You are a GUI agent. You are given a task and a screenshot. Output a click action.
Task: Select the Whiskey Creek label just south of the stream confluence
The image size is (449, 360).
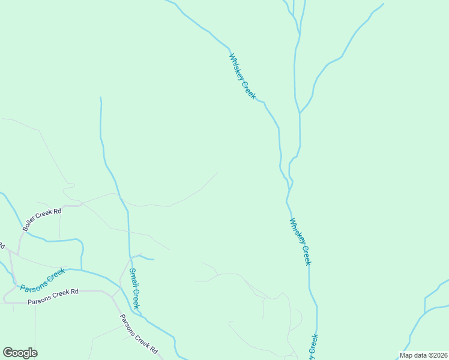pos(300,241)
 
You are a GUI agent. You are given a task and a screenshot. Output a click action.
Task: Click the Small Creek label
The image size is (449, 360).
pos(136,289)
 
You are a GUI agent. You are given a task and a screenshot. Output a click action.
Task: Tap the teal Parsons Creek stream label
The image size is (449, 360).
pos(42,280)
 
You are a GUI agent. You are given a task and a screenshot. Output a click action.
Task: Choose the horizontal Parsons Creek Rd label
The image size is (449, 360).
pos(53,293)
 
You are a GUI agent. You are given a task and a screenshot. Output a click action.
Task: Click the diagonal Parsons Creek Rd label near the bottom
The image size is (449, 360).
pos(138,334)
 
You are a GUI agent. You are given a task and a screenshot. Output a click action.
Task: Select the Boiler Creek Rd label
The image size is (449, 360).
pos(42,220)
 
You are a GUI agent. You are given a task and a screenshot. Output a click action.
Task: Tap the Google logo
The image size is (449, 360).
pos(20,353)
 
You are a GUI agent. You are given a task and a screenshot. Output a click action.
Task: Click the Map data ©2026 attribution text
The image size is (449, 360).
pos(423,355)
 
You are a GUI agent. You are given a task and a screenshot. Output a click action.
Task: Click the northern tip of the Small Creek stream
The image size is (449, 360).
pos(100,97)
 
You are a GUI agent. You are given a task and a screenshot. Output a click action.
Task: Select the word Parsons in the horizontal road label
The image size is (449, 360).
pos(40,294)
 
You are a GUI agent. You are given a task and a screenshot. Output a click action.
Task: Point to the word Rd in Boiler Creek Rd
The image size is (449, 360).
pos(57,211)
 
